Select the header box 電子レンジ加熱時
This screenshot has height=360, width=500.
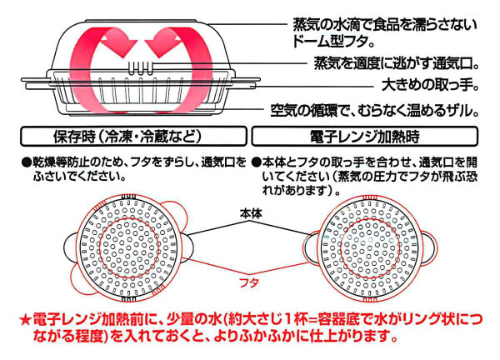pyautogui.click(x=369, y=136)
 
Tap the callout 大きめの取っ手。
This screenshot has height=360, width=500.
pyautogui.click(x=427, y=85)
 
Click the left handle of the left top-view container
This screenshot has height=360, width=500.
pyautogui.click(x=69, y=246)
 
